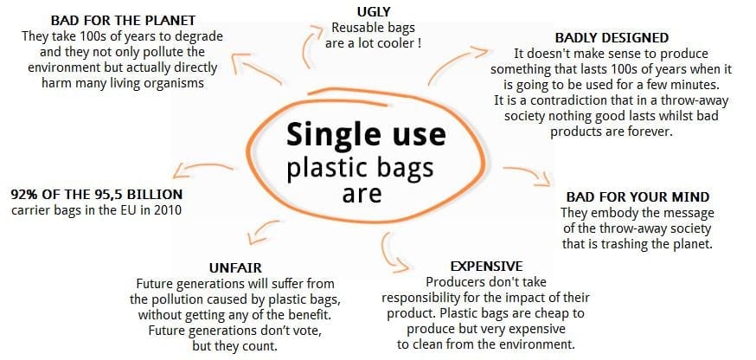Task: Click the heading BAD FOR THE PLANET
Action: click(x=123, y=21)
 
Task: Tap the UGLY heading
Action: click(x=373, y=10)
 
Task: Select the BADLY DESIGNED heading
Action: click(x=612, y=37)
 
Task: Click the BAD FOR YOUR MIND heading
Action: click(x=637, y=197)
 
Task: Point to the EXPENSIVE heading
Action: click(x=486, y=267)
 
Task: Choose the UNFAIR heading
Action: click(x=235, y=267)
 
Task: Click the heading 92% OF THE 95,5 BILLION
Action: click(x=96, y=195)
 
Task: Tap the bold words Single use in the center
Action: click(x=366, y=135)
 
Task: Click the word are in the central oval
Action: click(x=362, y=194)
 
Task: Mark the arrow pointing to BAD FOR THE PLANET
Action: click(x=254, y=70)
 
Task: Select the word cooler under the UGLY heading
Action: click(x=398, y=43)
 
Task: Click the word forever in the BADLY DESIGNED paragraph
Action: click(x=650, y=132)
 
